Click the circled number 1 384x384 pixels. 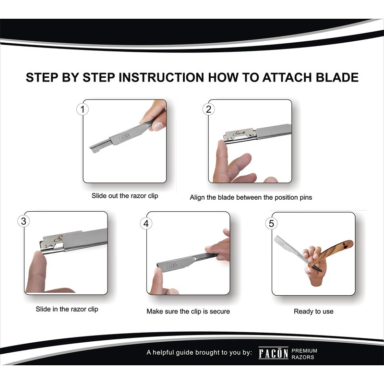(x=83, y=109)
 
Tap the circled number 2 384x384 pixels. (x=208, y=109)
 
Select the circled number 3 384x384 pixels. (x=24, y=221)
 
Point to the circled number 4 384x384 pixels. (x=146, y=223)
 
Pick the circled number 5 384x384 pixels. (x=271, y=223)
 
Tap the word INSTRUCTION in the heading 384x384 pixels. (x=161, y=77)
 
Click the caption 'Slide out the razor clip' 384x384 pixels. (x=125, y=196)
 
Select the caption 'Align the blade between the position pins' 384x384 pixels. (x=251, y=197)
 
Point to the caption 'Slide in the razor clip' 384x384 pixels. (x=67, y=309)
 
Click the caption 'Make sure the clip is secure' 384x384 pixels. (x=188, y=311)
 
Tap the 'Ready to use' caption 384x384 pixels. (x=313, y=311)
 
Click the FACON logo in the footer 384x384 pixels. (x=273, y=353)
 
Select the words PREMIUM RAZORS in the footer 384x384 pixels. (x=304, y=354)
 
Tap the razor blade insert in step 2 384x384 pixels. (x=239, y=134)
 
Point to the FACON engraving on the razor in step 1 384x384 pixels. (x=124, y=138)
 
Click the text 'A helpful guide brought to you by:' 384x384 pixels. (x=199, y=352)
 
